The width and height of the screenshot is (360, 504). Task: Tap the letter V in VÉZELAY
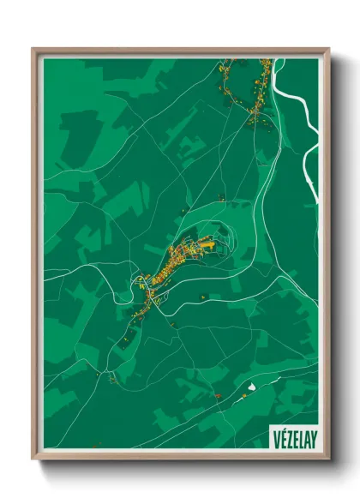point(276,437)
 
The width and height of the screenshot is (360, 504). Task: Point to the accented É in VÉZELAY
point(282,437)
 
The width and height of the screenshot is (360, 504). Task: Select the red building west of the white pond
point(219,395)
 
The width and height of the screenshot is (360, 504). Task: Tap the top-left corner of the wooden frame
point(33,49)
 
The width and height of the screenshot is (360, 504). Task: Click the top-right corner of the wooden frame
point(328,49)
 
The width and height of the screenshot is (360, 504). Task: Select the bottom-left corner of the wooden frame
point(33,459)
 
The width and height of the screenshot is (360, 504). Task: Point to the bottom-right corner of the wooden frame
point(328,459)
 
